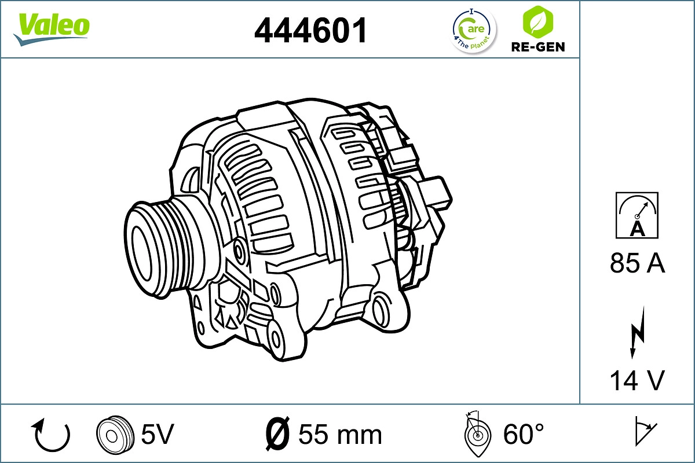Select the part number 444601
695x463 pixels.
tap(311, 30)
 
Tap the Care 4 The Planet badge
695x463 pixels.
tap(474, 31)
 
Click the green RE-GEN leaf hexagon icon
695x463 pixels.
tap(537, 21)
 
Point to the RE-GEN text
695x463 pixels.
tap(537, 47)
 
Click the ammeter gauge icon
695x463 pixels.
tap(637, 215)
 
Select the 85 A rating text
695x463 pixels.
tap(637, 264)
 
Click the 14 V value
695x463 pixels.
tap(637, 380)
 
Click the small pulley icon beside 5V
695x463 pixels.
tap(111, 433)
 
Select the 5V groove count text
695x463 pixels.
tap(158, 433)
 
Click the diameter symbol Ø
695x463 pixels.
tap(278, 434)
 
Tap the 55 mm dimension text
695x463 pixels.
tap(341, 434)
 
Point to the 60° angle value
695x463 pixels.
tap(524, 434)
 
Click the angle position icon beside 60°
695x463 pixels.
tap(477, 434)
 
